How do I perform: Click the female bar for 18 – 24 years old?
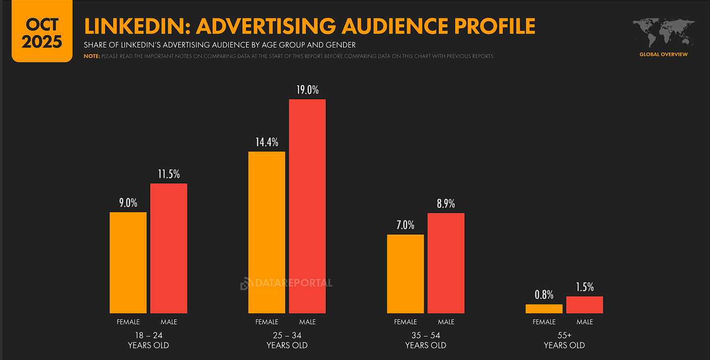pyautogui.click(x=128, y=263)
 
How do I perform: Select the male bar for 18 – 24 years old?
pyautogui.click(x=169, y=248)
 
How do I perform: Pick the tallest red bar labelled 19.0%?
pyautogui.click(x=307, y=206)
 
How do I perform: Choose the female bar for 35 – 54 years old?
pyautogui.click(x=406, y=274)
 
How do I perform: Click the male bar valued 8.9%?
pyautogui.click(x=446, y=263)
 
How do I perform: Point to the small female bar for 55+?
pyautogui.click(x=544, y=309)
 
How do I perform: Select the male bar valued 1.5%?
pyautogui.click(x=585, y=305)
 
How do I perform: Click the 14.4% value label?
pyautogui.click(x=267, y=142)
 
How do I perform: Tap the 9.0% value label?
pyautogui.click(x=128, y=203)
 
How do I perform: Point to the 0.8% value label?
pyautogui.click(x=544, y=295)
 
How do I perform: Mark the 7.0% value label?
pyautogui.click(x=406, y=225)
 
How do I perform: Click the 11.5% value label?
pyautogui.click(x=169, y=174)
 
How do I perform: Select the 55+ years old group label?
pyautogui.click(x=564, y=340)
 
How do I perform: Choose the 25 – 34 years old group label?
pyautogui.click(x=287, y=340)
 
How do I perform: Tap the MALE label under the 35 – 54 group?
pyautogui.click(x=446, y=322)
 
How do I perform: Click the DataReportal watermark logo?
pyautogui.click(x=287, y=283)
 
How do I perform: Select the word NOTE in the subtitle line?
pyautogui.click(x=92, y=56)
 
